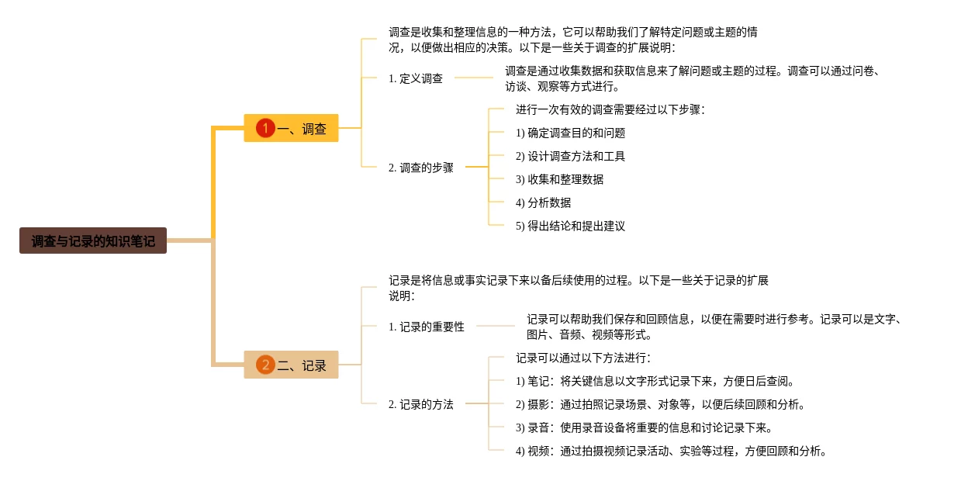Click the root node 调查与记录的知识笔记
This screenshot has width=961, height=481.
pos(93,240)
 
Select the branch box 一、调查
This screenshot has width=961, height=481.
pos(291,128)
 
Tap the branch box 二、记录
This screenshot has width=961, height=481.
pos(291,365)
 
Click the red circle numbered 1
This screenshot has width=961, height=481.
pos(265,128)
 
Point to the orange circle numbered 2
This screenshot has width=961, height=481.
pos(265,365)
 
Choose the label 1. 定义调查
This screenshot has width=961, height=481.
pos(416,78)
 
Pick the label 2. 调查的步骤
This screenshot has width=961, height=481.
pos(421,167)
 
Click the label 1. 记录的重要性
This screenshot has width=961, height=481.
pos(427,327)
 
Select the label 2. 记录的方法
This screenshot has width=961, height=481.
pos(421,404)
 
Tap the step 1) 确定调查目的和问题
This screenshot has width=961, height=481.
pos(570,133)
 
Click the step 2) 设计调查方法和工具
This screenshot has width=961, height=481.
pos(570,156)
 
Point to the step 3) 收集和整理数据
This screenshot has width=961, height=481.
pos(559,179)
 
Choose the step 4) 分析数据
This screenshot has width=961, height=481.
pos(543,202)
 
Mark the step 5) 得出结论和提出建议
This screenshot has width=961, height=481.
pos(570,226)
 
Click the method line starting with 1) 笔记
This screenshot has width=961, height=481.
pos(655,381)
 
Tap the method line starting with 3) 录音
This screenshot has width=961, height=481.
pos(644,427)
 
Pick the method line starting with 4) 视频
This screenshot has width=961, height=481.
pos(671,451)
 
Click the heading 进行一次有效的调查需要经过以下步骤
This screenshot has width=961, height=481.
pos(610,109)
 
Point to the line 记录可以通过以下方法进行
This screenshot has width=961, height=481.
pos(582,358)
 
